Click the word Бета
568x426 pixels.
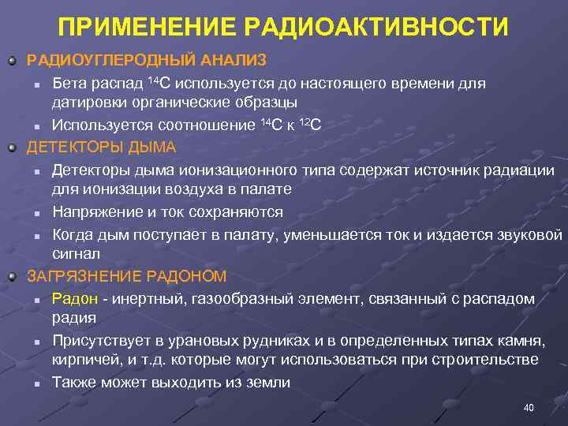click(x=69, y=84)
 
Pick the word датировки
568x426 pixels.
click(x=87, y=103)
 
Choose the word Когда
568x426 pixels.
click(x=73, y=234)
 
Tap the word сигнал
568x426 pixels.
click(x=76, y=254)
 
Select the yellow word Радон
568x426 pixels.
click(x=75, y=299)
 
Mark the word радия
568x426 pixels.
click(x=74, y=318)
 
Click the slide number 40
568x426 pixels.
click(x=529, y=408)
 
